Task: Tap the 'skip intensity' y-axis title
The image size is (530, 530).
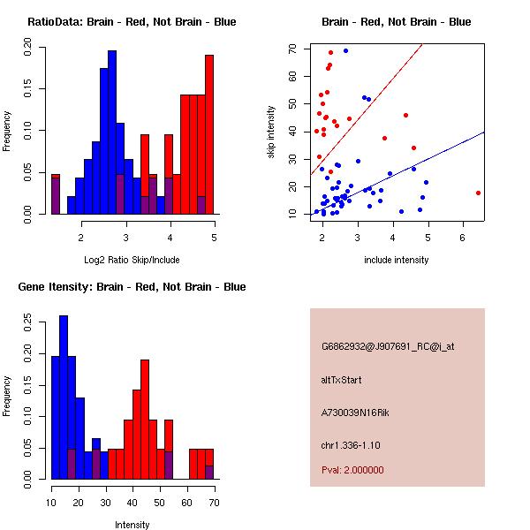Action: [x=271, y=132]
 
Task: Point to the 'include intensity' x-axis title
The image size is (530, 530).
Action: [x=396, y=260]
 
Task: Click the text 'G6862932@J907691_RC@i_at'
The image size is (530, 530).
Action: [x=388, y=347]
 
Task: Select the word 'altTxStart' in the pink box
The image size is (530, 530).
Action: [x=342, y=381]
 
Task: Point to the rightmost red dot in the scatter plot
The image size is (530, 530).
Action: [x=478, y=193]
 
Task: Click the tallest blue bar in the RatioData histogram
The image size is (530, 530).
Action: [x=112, y=132]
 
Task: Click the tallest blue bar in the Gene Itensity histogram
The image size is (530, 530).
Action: [x=63, y=397]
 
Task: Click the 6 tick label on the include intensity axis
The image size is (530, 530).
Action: [x=463, y=238]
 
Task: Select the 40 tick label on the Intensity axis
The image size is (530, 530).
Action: [x=133, y=503]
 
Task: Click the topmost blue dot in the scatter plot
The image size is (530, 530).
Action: [x=345, y=50]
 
